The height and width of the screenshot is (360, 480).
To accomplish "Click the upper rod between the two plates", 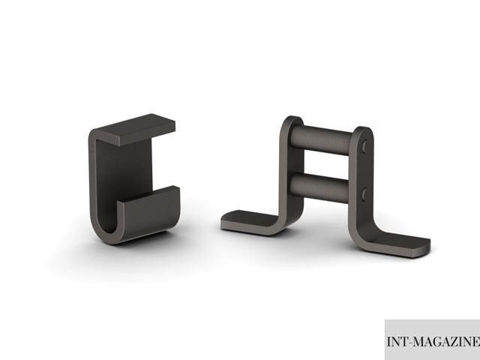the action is [321, 140].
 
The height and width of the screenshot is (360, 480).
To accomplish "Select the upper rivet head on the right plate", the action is [364, 147].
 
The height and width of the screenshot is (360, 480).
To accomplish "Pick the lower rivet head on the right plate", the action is [364, 195].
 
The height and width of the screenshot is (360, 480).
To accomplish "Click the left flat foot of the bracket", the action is [248, 221].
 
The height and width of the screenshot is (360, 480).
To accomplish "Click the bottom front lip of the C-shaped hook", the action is [150, 211].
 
